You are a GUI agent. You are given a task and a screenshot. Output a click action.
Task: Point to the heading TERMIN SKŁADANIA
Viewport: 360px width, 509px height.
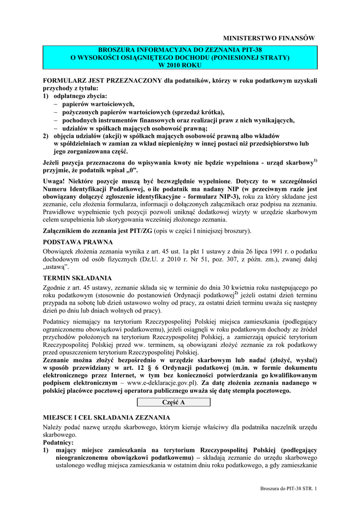[78, 277]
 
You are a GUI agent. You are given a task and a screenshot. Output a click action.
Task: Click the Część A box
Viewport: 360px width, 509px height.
[175, 402]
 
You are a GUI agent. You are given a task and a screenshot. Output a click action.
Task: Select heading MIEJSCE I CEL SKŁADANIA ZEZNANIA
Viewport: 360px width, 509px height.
[107, 417]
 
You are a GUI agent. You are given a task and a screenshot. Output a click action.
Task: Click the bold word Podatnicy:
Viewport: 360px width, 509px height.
[58, 442]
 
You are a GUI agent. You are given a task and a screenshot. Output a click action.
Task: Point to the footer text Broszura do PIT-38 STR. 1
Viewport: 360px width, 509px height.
[288, 489]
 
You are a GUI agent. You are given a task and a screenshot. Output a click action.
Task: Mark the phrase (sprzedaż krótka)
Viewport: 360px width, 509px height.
[198, 112]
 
